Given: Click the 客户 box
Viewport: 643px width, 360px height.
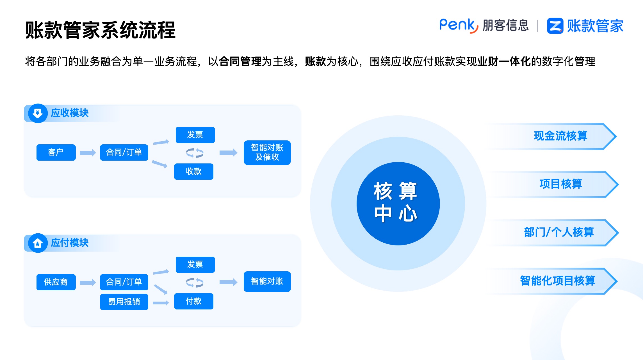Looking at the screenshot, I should [56, 152].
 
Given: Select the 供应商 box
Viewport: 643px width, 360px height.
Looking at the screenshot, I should [56, 282].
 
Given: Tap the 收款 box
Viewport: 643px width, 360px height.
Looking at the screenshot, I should [193, 171].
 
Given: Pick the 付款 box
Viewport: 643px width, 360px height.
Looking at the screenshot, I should [193, 301].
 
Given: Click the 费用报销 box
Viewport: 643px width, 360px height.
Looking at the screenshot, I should [124, 302].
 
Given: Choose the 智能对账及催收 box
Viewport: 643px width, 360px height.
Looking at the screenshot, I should [267, 152].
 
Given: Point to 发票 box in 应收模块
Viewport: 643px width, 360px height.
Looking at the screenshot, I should [195, 135].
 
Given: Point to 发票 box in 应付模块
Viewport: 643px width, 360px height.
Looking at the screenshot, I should [195, 265].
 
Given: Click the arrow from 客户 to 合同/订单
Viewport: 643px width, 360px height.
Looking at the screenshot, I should [88, 153].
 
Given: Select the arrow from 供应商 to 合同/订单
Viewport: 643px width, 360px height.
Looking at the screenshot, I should [88, 282].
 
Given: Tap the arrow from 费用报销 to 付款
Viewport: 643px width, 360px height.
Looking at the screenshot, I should [161, 303].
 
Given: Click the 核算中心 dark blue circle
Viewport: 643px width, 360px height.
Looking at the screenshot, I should [398, 203].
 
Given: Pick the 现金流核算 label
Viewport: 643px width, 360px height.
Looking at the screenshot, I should [560, 136].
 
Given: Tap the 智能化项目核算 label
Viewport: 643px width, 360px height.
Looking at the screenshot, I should [557, 281].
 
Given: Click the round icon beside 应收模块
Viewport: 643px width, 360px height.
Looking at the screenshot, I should [38, 113].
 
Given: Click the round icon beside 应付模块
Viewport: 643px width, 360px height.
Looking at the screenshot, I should [38, 243].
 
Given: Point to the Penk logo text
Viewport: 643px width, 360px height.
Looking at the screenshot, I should [458, 26].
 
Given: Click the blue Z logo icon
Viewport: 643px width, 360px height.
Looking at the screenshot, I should [555, 26].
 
